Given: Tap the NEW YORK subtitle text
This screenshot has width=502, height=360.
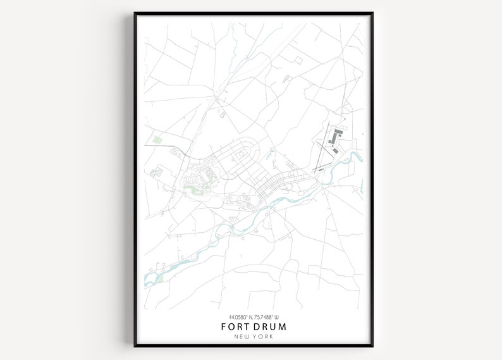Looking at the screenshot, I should [253, 337].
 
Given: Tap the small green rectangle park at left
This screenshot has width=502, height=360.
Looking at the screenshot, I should [157, 139].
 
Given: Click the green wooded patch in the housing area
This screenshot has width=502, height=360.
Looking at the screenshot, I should [190, 189].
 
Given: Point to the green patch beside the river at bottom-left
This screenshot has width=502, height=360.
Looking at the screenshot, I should [159, 276].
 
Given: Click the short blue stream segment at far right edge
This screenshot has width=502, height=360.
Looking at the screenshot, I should [362, 185].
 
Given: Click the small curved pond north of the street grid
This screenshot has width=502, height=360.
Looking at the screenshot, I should [271, 153].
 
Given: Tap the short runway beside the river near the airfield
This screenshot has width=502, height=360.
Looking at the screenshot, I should [321, 168].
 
